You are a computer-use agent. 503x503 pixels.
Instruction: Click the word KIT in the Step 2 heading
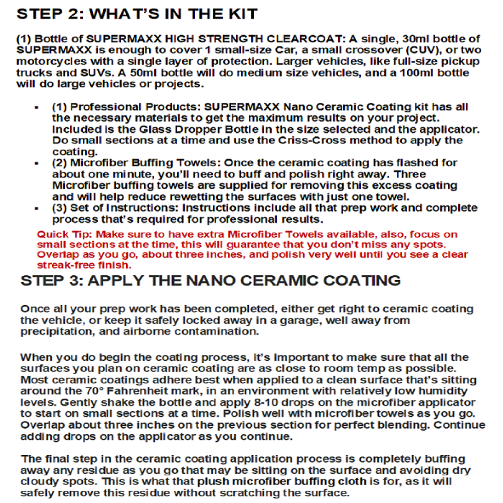coord(242,14)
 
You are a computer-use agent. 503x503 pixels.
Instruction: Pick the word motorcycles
coord(51,62)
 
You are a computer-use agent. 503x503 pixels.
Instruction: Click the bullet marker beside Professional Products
coord(37,108)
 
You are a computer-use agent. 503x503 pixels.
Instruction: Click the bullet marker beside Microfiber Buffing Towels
coord(37,163)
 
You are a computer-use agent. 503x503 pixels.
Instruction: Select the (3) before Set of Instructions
coord(59,208)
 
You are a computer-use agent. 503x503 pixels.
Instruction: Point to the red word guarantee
coord(253,245)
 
